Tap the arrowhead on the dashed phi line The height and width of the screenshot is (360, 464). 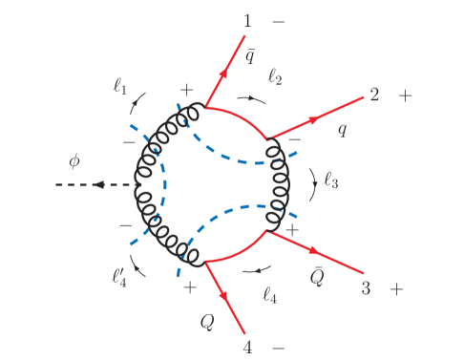tap(96, 185)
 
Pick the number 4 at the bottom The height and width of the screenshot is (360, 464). tap(247, 346)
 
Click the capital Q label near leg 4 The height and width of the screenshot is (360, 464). tap(206, 322)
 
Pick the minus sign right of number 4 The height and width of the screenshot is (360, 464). tap(278, 346)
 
